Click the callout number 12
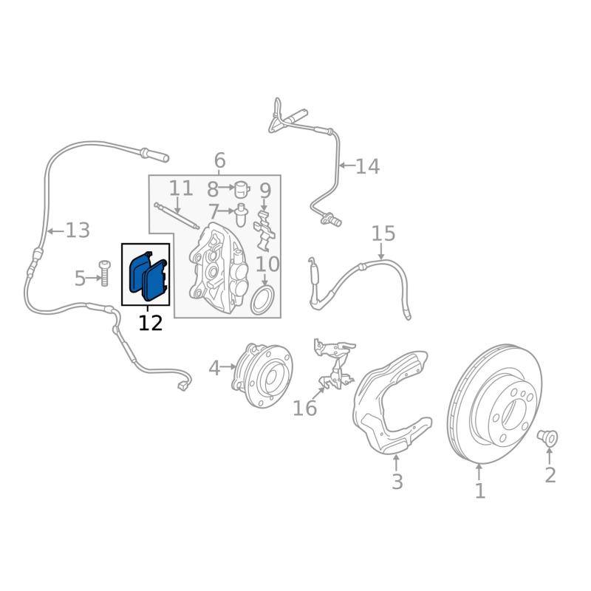pyautogui.click(x=150, y=323)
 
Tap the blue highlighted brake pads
pyautogui.click(x=148, y=276)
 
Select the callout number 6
pyautogui.click(x=219, y=160)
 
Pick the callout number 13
pyautogui.click(x=77, y=230)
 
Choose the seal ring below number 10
pyautogui.click(x=262, y=301)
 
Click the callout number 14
pyautogui.click(x=367, y=167)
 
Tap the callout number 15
pyautogui.click(x=383, y=234)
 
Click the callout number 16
pyautogui.click(x=304, y=408)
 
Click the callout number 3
pyautogui.click(x=397, y=482)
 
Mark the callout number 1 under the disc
pyautogui.click(x=479, y=490)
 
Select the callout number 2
pyautogui.click(x=550, y=475)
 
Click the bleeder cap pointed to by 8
pyautogui.click(x=241, y=189)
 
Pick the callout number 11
pyautogui.click(x=180, y=188)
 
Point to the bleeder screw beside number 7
pyautogui.click(x=241, y=215)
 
